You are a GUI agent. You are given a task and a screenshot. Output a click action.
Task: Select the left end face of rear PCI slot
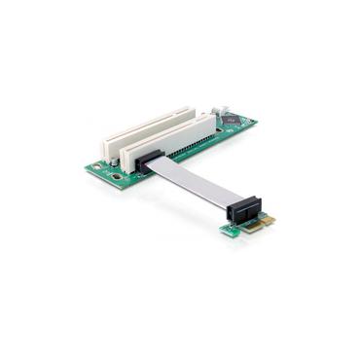(101, 143)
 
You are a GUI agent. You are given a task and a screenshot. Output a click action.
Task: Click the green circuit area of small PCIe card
(230, 230)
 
